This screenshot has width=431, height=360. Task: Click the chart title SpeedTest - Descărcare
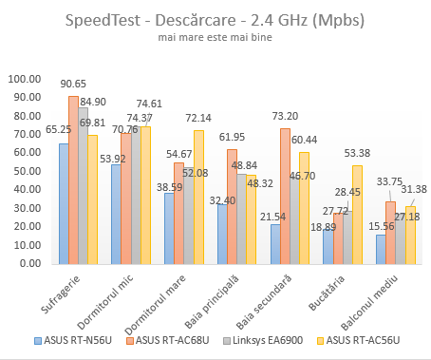[x=215, y=20]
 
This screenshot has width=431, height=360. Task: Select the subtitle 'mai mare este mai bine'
[x=215, y=39]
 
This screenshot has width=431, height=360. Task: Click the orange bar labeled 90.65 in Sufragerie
[x=74, y=180]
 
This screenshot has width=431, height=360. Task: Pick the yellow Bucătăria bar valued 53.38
[x=357, y=214]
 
